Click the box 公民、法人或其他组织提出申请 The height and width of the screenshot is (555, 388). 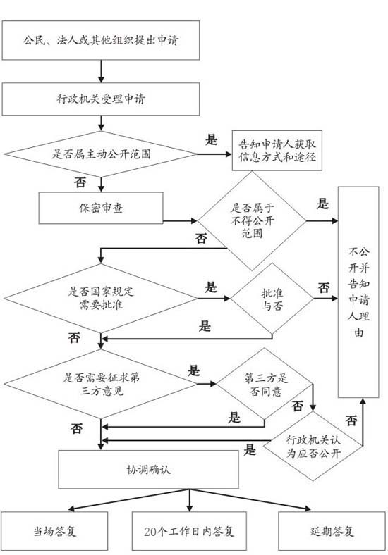[101, 40]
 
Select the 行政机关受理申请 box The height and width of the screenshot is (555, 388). [101, 99]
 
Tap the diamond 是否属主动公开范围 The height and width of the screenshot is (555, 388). [101, 154]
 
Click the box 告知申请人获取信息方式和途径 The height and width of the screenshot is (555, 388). [277, 151]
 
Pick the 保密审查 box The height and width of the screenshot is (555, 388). [101, 208]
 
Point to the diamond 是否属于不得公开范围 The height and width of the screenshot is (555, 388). [252, 221]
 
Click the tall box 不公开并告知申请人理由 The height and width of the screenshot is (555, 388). [358, 292]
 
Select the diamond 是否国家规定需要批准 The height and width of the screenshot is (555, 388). [101, 299]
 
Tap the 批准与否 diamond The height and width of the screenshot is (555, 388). [272, 299]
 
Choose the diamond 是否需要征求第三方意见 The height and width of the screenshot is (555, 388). [101, 384]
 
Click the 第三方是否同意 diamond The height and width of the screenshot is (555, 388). [265, 384]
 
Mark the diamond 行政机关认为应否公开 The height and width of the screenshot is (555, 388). [313, 446]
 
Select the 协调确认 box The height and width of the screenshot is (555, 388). [148, 469]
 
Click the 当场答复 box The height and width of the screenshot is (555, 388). [54, 531]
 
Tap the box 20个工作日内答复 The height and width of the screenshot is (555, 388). [189, 531]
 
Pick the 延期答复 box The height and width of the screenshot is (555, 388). [332, 531]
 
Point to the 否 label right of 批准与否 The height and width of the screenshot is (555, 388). [324, 287]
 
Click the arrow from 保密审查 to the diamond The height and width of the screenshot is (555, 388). [180, 221]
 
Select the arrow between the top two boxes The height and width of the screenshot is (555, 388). [101, 71]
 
